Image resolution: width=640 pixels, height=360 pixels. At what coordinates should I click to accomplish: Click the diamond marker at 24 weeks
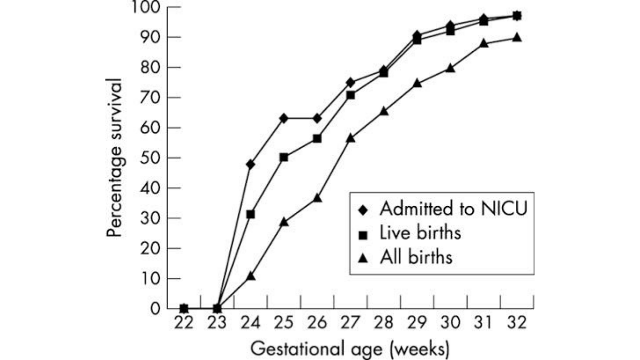[250, 165]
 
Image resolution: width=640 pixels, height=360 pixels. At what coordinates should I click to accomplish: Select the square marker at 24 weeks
[250, 214]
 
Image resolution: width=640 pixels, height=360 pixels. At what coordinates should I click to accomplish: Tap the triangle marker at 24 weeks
[251, 276]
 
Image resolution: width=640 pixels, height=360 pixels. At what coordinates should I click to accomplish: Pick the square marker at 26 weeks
[317, 139]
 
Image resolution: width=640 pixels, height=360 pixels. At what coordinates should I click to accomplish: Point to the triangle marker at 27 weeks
[350, 138]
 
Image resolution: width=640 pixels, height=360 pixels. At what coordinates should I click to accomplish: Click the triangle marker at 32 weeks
[517, 37]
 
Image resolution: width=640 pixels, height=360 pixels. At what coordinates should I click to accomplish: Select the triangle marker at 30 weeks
[450, 68]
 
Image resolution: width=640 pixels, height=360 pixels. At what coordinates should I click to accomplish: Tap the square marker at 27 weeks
[350, 95]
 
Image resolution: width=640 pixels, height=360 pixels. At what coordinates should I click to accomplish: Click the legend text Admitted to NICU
[454, 209]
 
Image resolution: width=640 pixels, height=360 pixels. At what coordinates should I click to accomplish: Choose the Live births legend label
[420, 233]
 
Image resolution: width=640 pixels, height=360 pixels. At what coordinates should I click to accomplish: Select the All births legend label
[416, 257]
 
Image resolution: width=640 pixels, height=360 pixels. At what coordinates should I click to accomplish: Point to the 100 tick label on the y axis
[149, 8]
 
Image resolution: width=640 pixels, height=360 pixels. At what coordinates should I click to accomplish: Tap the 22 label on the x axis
[184, 323]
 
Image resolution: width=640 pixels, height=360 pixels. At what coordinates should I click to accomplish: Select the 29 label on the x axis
[417, 323]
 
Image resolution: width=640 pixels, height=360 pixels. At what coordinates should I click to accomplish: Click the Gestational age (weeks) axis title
[350, 349]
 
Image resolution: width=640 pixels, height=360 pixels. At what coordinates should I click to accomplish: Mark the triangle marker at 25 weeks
[283, 222]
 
